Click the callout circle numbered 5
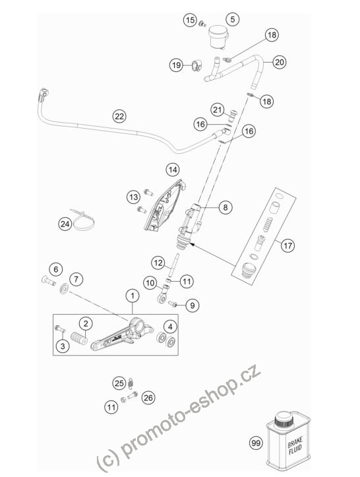point(232,20)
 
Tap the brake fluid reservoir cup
point(218,36)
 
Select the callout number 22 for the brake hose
point(119,116)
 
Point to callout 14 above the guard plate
point(173,170)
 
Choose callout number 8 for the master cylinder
point(225,207)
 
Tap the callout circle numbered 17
point(287,245)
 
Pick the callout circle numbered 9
point(192,305)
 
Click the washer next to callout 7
point(64,289)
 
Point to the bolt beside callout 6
point(49,280)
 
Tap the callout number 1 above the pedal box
point(133,296)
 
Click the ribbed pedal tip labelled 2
point(78,338)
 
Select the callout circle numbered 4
point(170,327)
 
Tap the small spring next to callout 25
point(131,383)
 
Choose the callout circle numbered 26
point(148,398)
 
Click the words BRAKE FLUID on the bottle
point(295,446)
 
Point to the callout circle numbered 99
point(256,443)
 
